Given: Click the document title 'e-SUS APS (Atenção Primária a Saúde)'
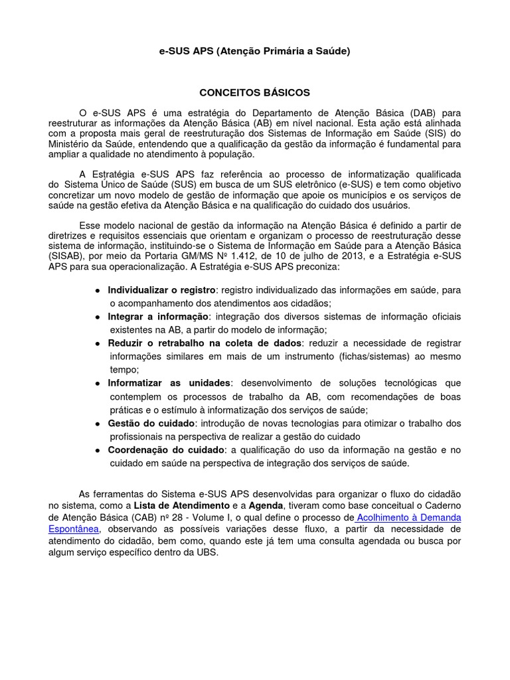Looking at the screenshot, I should (x=255, y=51).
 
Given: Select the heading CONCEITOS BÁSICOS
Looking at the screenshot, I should (x=255, y=92).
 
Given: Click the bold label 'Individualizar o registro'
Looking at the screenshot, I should (x=162, y=290).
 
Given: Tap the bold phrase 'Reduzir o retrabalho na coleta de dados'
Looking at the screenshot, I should (x=205, y=343).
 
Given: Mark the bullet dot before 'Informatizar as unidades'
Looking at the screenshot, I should (x=98, y=383).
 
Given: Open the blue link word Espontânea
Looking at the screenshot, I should (x=74, y=529).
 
